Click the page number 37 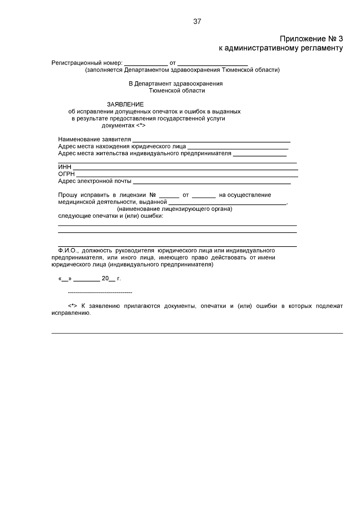pos(197,22)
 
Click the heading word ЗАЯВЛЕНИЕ pos(125,104)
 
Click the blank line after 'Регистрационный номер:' pos(146,64)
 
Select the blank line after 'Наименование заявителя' pos(211,140)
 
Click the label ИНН pos(64,167)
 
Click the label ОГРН pos(66,174)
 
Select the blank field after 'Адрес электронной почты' pos(211,182)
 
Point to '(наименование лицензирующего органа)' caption pos(175,209)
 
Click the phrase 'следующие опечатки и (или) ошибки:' pos(111,216)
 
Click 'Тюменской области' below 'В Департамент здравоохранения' pos(177,91)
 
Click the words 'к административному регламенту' pos(280,48)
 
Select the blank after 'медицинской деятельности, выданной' pos(227,203)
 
